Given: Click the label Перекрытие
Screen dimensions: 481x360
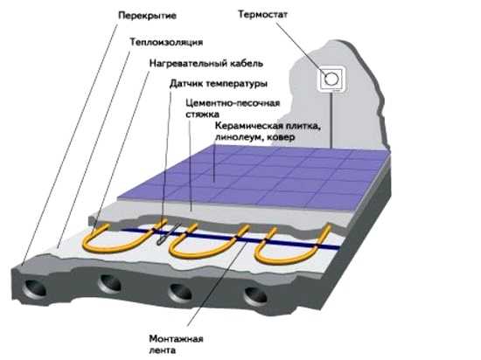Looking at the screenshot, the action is coord(147,16).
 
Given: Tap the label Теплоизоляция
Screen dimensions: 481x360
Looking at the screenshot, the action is coord(166,42).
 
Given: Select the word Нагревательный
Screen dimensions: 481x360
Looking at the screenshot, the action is coord(187,64).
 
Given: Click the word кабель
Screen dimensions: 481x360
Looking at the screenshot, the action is coord(246,64).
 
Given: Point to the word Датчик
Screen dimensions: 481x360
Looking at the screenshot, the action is coord(186,83).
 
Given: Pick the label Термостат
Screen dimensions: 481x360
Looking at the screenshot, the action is coord(263,14).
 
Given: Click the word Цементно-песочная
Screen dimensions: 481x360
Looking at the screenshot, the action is coord(233,103).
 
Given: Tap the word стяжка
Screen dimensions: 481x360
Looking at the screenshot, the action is coord(202,114).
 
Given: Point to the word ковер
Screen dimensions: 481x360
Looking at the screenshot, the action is coord(281,137).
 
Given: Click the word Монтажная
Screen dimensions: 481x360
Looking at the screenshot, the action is coord(176,339).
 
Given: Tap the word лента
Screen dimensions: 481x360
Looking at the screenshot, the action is coord(163,350).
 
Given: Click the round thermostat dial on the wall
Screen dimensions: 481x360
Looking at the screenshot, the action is coord(331,80).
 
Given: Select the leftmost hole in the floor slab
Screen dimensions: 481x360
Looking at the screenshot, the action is coord(35,287).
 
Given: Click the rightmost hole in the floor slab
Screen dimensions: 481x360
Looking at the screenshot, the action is coord(255,297).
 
